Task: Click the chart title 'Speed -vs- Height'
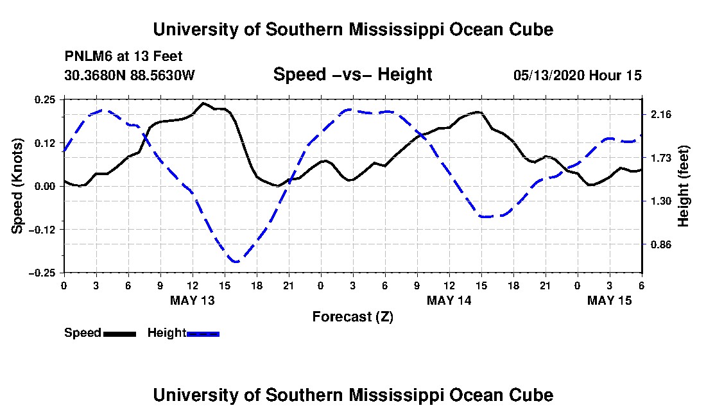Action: [x=352, y=74]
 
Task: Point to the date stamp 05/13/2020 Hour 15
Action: [x=577, y=75]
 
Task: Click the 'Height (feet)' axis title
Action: [x=684, y=185]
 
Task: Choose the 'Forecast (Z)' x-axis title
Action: [x=352, y=316]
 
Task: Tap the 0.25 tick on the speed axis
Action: [x=46, y=99]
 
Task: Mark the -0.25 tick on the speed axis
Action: [x=44, y=273]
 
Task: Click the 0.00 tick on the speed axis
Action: [x=46, y=186]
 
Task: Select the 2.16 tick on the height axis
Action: [x=660, y=114]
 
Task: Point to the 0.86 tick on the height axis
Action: [x=660, y=244]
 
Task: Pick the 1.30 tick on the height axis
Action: [x=660, y=201]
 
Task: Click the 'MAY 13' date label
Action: [x=193, y=300]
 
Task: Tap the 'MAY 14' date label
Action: [x=449, y=300]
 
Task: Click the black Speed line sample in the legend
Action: [x=119, y=334]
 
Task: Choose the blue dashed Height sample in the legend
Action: [x=203, y=334]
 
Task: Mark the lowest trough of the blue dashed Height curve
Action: [x=236, y=262]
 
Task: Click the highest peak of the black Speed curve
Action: [x=203, y=103]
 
